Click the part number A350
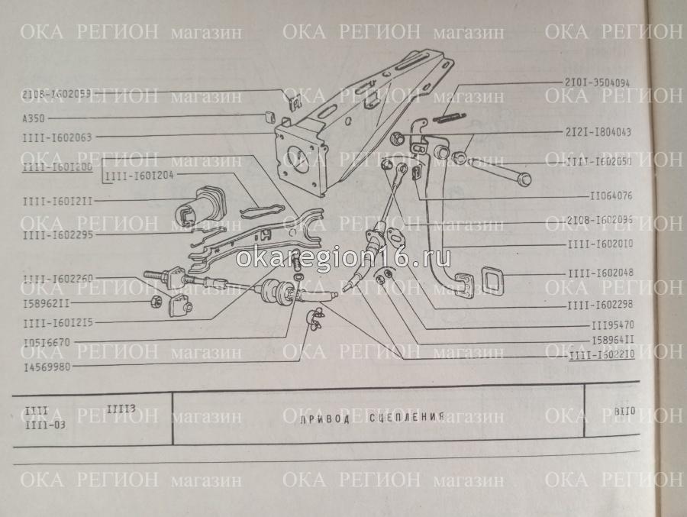coord(33,118)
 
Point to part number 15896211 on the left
coord(47,303)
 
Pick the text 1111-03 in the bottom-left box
coord(45,425)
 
